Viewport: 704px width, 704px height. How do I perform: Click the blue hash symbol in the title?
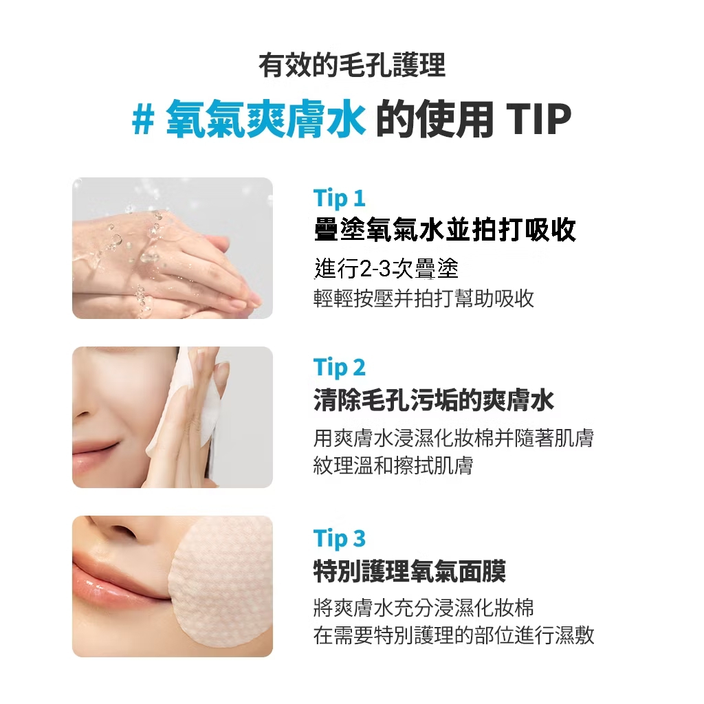pyautogui.click(x=143, y=120)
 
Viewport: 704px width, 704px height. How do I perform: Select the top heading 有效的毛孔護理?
pyautogui.click(x=352, y=65)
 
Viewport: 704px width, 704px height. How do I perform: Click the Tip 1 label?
pyautogui.click(x=340, y=199)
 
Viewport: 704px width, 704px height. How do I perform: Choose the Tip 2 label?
pyautogui.click(x=340, y=368)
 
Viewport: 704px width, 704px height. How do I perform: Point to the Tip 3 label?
pyautogui.click(x=340, y=538)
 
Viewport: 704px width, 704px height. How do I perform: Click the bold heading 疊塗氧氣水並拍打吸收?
pyautogui.click(x=445, y=230)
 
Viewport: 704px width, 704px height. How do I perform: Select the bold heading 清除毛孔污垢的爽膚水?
pyautogui.click(x=434, y=400)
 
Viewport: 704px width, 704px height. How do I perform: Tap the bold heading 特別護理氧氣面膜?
pyautogui.click(x=410, y=571)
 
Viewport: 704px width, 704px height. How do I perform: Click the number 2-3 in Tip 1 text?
pyautogui.click(x=375, y=269)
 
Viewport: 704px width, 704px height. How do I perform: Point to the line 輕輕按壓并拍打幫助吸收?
pyautogui.click(x=423, y=298)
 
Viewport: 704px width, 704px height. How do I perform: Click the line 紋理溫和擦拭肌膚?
pyautogui.click(x=393, y=465)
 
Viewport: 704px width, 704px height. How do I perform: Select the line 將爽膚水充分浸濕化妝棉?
pyautogui.click(x=423, y=608)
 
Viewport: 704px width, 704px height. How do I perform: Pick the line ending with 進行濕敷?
pyautogui.click(x=454, y=635)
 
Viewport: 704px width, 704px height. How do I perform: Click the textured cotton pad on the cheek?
pyautogui.click(x=221, y=584)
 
